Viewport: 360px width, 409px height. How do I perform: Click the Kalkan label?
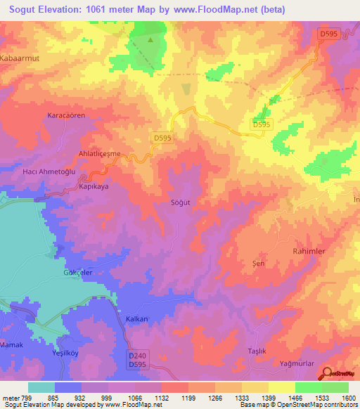click(136, 318)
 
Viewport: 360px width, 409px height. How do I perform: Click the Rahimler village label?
click(309, 250)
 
